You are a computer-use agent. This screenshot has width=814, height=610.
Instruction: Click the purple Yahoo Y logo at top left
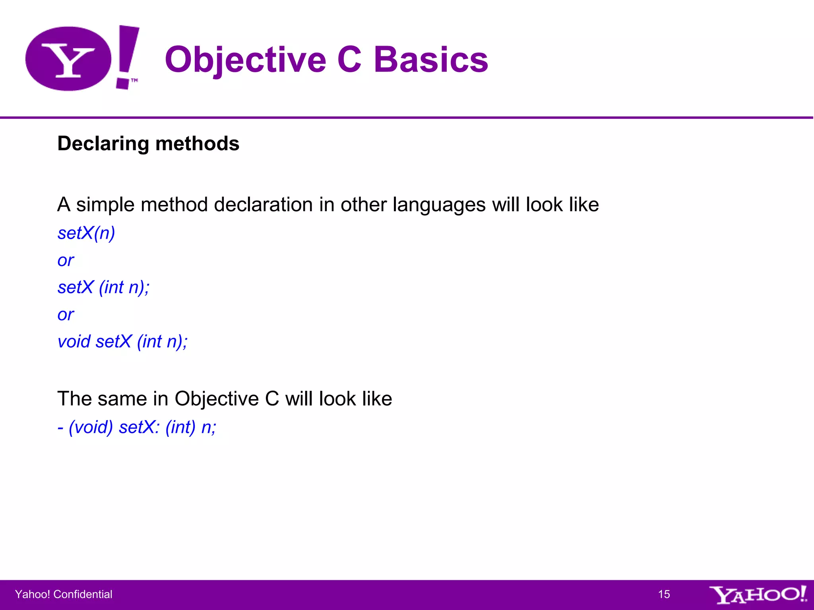[68, 59]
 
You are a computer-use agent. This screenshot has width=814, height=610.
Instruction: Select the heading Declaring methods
[148, 143]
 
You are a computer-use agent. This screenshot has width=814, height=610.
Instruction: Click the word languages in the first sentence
[439, 205]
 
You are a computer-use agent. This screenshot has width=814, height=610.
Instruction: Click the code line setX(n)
[86, 233]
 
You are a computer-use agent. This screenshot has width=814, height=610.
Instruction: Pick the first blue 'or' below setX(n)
[66, 261]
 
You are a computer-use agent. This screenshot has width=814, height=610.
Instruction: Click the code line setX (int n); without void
[103, 288]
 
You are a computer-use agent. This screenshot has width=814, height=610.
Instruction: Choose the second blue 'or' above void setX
[66, 315]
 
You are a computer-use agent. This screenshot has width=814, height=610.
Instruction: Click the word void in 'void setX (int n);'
[74, 342]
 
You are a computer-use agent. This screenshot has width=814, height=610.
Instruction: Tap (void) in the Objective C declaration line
[91, 427]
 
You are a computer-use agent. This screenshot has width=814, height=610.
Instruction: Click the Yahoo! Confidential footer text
[64, 594]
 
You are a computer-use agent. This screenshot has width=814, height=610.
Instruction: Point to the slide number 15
[664, 594]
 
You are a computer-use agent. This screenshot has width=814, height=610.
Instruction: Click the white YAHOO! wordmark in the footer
[758, 595]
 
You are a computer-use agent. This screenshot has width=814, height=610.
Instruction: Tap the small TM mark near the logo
[134, 80]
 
